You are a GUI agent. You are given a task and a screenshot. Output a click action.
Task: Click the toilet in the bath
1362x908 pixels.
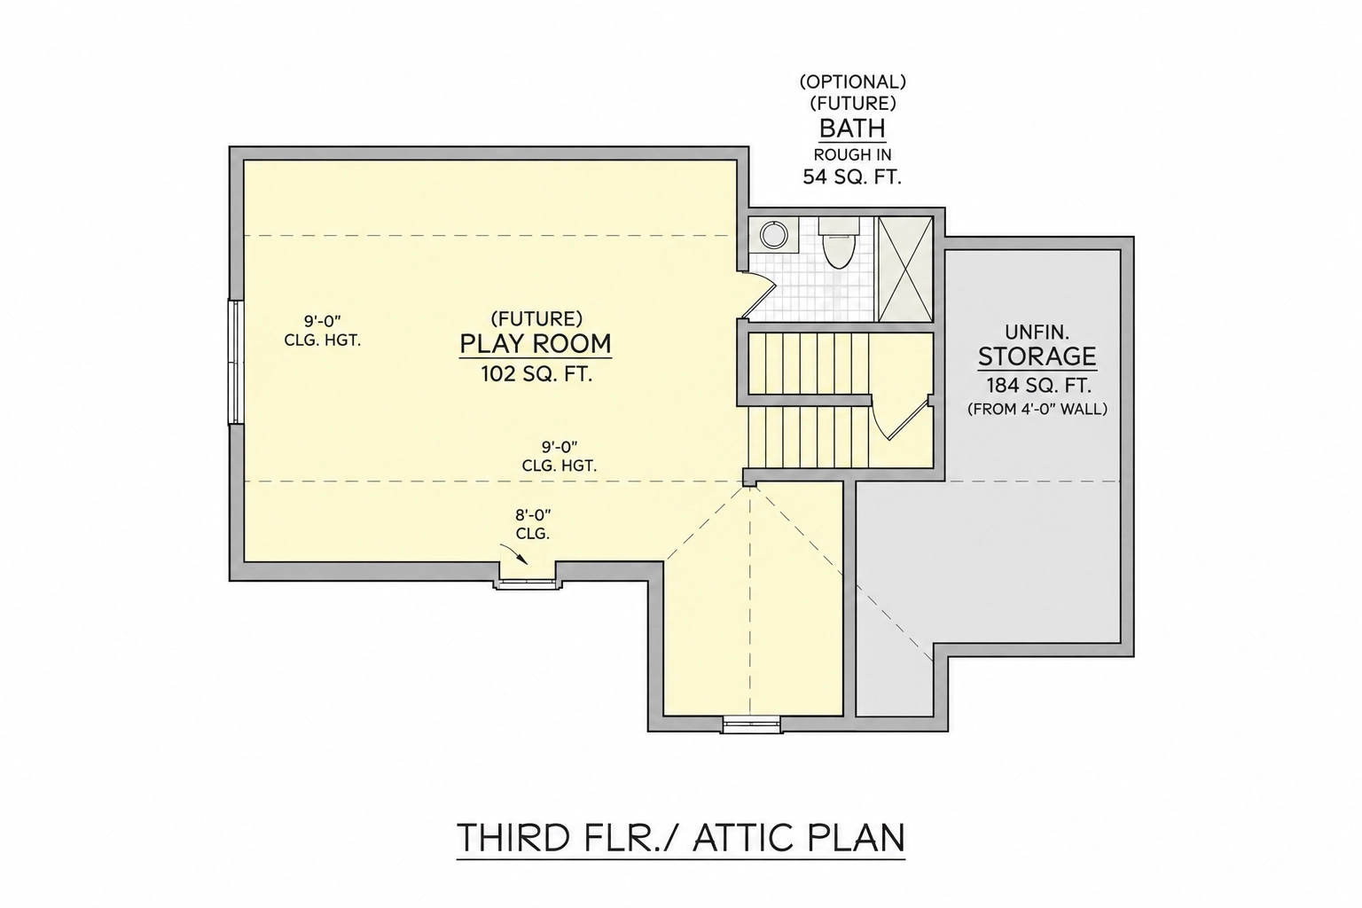(x=839, y=243)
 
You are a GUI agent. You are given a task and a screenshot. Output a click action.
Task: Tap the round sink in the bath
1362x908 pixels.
(x=773, y=235)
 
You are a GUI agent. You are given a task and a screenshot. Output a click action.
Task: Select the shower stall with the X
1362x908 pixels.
(x=905, y=269)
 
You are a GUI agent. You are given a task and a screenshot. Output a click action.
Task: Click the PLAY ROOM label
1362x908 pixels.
(x=535, y=344)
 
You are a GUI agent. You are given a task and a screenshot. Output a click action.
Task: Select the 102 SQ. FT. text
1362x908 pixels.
(x=536, y=374)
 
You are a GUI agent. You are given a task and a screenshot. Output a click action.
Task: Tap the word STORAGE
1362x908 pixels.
(x=1037, y=356)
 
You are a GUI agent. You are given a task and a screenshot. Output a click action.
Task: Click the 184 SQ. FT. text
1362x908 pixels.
(x=1038, y=386)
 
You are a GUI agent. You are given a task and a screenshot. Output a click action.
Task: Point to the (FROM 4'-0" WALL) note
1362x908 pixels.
(x=1037, y=410)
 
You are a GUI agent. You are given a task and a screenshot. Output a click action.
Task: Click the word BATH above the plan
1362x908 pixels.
(x=852, y=129)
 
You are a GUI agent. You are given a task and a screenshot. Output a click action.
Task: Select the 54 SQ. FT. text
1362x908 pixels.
(x=852, y=177)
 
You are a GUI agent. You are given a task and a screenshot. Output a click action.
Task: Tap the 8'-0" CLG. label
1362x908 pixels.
(x=533, y=524)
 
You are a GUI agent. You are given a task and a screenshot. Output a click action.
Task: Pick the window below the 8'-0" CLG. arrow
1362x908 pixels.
(x=528, y=583)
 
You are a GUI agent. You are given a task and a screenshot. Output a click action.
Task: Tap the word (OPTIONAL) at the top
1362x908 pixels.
(x=852, y=82)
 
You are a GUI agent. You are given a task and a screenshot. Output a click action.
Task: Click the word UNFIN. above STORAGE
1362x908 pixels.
(x=1037, y=332)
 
